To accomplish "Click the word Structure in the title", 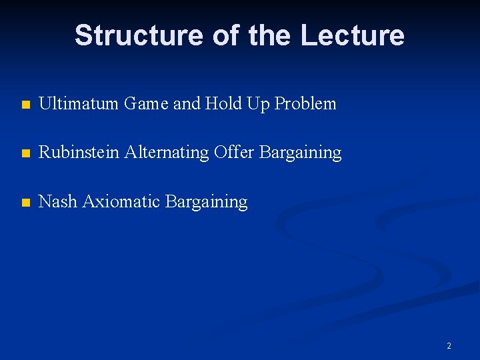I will click(139, 35).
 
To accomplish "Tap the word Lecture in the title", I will click(352, 35).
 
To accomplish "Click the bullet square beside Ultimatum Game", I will click(25, 105).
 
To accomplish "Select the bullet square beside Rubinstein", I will click(25, 154).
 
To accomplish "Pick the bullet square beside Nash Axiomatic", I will click(25, 203).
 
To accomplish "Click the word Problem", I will click(305, 104).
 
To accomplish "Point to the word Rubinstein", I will click(75, 153).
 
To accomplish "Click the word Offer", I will click(234, 153).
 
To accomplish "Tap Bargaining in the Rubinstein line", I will click(300, 153).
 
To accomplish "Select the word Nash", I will click(58, 201).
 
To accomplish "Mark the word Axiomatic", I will click(118, 201).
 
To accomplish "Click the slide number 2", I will click(449, 345).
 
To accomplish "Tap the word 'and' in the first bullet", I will click(187, 103).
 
